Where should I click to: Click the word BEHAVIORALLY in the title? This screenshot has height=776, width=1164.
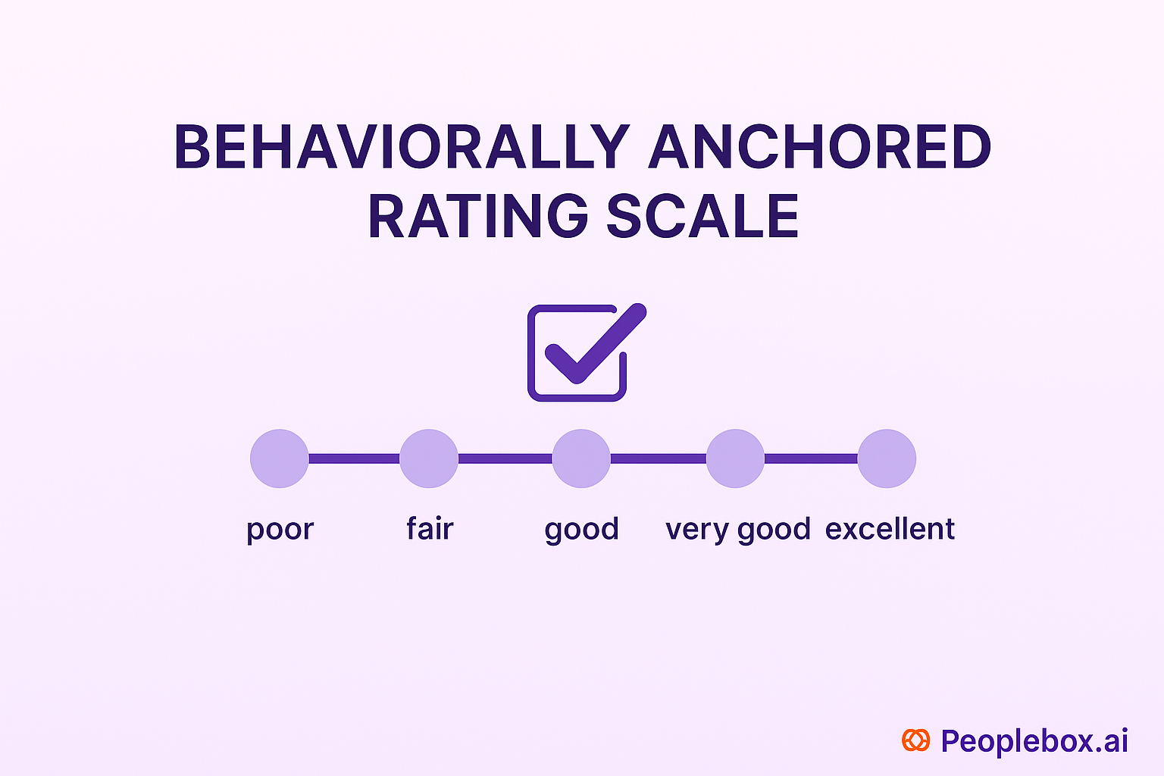pyautogui.click(x=402, y=146)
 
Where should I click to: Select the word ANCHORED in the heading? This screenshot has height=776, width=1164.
pyautogui.click(x=821, y=146)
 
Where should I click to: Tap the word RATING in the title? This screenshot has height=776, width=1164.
pyautogui.click(x=478, y=216)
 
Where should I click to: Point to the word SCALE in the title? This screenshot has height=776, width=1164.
pyautogui.click(x=702, y=216)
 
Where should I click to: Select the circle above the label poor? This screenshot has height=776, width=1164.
pyautogui.click(x=280, y=458)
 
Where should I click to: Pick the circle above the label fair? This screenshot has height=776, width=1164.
pyautogui.click(x=429, y=458)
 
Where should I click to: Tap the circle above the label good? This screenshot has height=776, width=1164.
pyautogui.click(x=581, y=458)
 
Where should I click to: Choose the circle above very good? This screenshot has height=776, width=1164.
pyautogui.click(x=735, y=458)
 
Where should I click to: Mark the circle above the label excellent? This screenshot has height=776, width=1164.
pyautogui.click(x=887, y=458)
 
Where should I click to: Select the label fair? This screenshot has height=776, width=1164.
pyautogui.click(x=430, y=528)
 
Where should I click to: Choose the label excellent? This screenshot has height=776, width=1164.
pyautogui.click(x=890, y=528)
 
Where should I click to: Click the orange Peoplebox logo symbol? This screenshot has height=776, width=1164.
pyautogui.click(x=915, y=740)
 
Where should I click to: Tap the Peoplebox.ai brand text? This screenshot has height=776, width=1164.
pyautogui.click(x=1034, y=741)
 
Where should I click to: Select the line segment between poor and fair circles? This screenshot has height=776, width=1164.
pyautogui.click(x=354, y=458)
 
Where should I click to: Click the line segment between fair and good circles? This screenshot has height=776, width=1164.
pyautogui.click(x=505, y=458)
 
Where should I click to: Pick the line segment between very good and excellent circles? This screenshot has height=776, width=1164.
pyautogui.click(x=811, y=458)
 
